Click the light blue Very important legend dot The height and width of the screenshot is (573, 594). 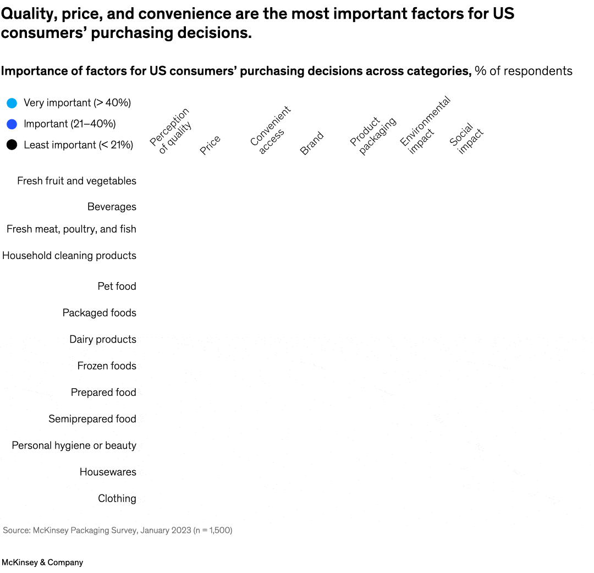[12, 103]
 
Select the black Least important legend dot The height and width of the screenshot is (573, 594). [12, 145]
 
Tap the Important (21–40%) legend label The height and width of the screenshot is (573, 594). [69, 124]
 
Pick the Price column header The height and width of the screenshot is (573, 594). [210, 145]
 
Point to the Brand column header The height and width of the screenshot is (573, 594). [312, 144]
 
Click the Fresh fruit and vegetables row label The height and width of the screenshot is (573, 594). [76, 181]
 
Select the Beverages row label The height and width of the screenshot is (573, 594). [112, 207]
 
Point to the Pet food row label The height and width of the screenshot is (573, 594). [117, 286]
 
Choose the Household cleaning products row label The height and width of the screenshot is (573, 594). [69, 255]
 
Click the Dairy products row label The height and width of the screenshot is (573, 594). [103, 339]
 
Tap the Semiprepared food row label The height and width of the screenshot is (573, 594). [92, 418]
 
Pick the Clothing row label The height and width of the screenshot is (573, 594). [117, 498]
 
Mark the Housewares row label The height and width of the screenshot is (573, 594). [108, 472]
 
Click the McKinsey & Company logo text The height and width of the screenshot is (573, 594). [42, 562]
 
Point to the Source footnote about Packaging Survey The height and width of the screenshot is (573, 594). [118, 530]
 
